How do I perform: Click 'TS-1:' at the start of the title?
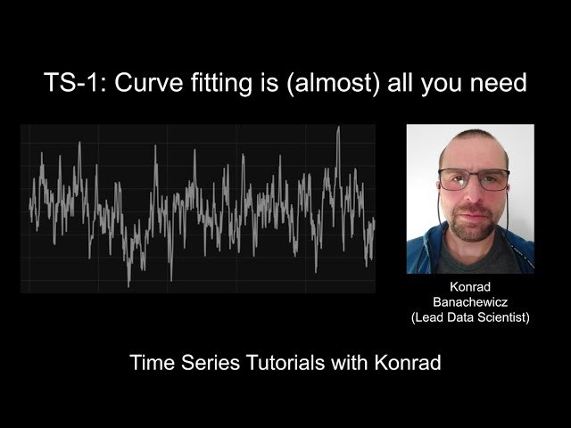coord(75,82)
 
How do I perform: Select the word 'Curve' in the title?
coord(149,82)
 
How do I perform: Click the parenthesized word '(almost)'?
coord(333,84)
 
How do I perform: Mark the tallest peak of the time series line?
coord(339,127)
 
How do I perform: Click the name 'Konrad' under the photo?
coord(470,287)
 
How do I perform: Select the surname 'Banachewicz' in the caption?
coord(470,302)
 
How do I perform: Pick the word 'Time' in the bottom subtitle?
coord(153,363)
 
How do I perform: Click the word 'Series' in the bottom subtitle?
coord(211,363)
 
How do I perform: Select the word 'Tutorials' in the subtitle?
coord(285,363)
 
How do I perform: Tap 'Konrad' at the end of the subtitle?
coord(408,363)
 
